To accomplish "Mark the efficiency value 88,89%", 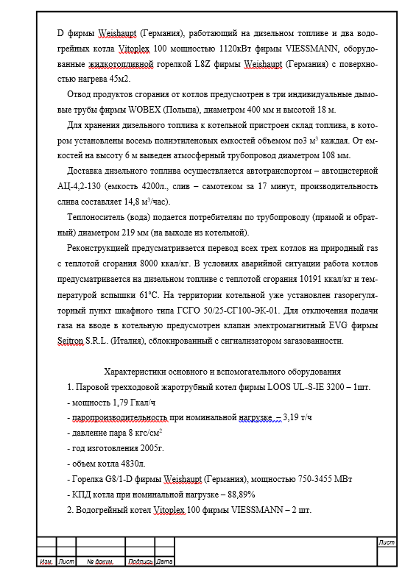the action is pos(237,495).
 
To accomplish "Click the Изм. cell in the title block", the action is pos(46,562).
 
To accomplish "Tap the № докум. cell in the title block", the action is pos(99,562).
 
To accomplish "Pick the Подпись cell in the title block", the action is pos(140,562).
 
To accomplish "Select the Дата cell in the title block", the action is pos(164,562).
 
